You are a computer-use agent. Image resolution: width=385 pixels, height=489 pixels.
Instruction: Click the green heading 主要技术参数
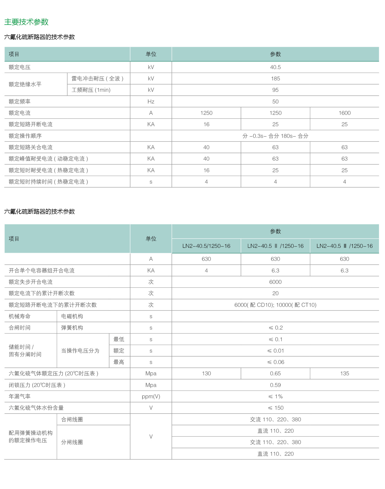(26, 22)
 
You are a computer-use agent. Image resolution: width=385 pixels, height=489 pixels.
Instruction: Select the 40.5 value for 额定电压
(275, 67)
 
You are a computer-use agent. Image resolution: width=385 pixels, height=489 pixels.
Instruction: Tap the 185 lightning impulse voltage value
(275, 79)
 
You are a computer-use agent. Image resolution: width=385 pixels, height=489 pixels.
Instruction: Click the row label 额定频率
(20, 102)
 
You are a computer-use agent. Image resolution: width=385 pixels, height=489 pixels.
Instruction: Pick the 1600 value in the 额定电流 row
(344, 113)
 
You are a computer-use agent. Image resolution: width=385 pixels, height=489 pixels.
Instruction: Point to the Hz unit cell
(151, 102)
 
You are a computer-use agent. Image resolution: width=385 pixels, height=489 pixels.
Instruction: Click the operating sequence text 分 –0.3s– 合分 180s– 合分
(275, 136)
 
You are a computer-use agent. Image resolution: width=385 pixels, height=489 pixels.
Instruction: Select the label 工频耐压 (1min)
(91, 90)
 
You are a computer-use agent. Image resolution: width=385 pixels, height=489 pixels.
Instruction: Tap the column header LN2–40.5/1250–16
(206, 246)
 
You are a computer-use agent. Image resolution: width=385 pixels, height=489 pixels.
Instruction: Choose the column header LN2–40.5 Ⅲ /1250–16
(344, 246)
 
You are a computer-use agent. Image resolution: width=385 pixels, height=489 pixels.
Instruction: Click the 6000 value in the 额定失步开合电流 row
(275, 282)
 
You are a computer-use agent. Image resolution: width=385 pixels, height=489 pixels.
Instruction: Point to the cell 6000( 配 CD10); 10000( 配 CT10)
(275, 305)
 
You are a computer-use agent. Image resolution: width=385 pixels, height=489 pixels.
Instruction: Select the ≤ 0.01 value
(275, 351)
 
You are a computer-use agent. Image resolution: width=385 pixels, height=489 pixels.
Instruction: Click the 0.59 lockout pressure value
(275, 385)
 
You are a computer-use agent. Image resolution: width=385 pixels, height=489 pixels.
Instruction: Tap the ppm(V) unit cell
(151, 396)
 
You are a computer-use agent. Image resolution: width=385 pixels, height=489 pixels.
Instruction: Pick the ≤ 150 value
(275, 408)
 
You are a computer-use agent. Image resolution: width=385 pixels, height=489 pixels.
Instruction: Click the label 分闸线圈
(72, 442)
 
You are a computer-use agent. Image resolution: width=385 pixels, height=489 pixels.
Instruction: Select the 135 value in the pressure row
(344, 373)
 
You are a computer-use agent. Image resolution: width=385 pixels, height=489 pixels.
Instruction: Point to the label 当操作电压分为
(80, 351)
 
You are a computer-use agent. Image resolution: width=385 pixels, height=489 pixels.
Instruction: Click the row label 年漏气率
(20, 396)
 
